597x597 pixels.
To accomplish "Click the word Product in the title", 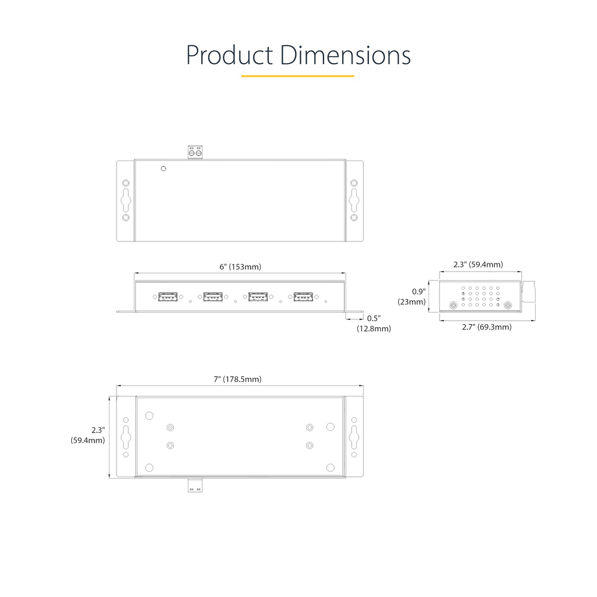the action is pos(229,55).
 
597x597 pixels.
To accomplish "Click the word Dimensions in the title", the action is pos(345,55).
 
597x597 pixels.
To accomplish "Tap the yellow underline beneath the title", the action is pos(298,76).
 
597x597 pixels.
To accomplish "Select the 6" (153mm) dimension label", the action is pos(240,266).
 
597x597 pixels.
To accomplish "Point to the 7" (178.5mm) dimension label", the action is pos(238,379).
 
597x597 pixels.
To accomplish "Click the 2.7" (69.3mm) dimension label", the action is pos(487,327).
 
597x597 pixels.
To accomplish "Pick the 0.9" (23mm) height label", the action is pos(412,297).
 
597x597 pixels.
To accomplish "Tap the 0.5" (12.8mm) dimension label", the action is pos(374,323).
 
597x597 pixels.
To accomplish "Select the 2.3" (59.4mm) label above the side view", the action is pos(478,265).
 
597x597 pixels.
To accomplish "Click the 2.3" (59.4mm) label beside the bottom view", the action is pos(87,435).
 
